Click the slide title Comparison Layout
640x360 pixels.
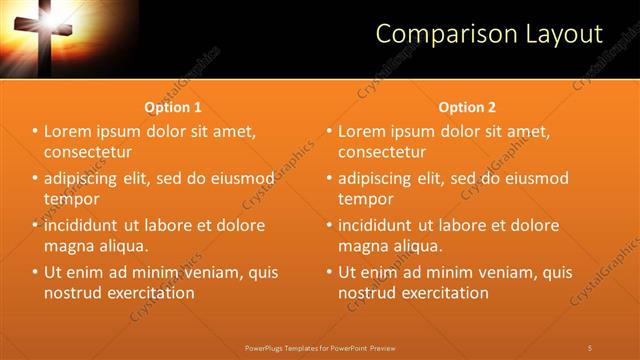(489, 34)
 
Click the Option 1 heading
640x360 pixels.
(173, 107)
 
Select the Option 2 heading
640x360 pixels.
(467, 107)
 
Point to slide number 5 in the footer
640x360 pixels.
(590, 347)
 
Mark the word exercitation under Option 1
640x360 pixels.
(145, 293)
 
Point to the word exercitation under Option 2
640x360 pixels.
(439, 293)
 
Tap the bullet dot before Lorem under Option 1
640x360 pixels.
(35, 131)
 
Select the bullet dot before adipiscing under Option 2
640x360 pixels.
(329, 178)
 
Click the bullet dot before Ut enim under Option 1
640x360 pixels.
(35, 272)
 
